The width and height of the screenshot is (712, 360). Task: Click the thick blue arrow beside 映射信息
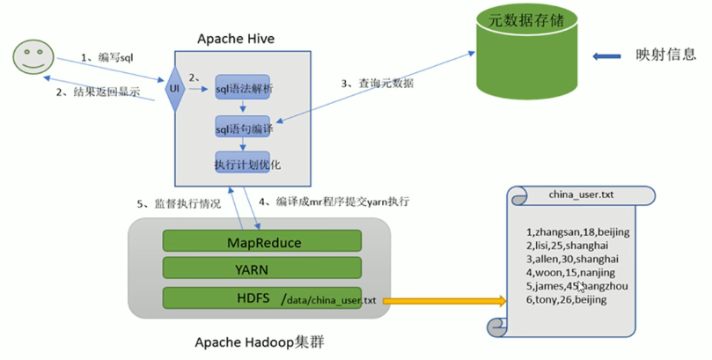click(608, 57)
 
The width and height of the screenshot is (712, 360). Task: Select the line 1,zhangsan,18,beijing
click(577, 231)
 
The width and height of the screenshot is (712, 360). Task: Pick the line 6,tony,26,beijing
click(565, 300)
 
